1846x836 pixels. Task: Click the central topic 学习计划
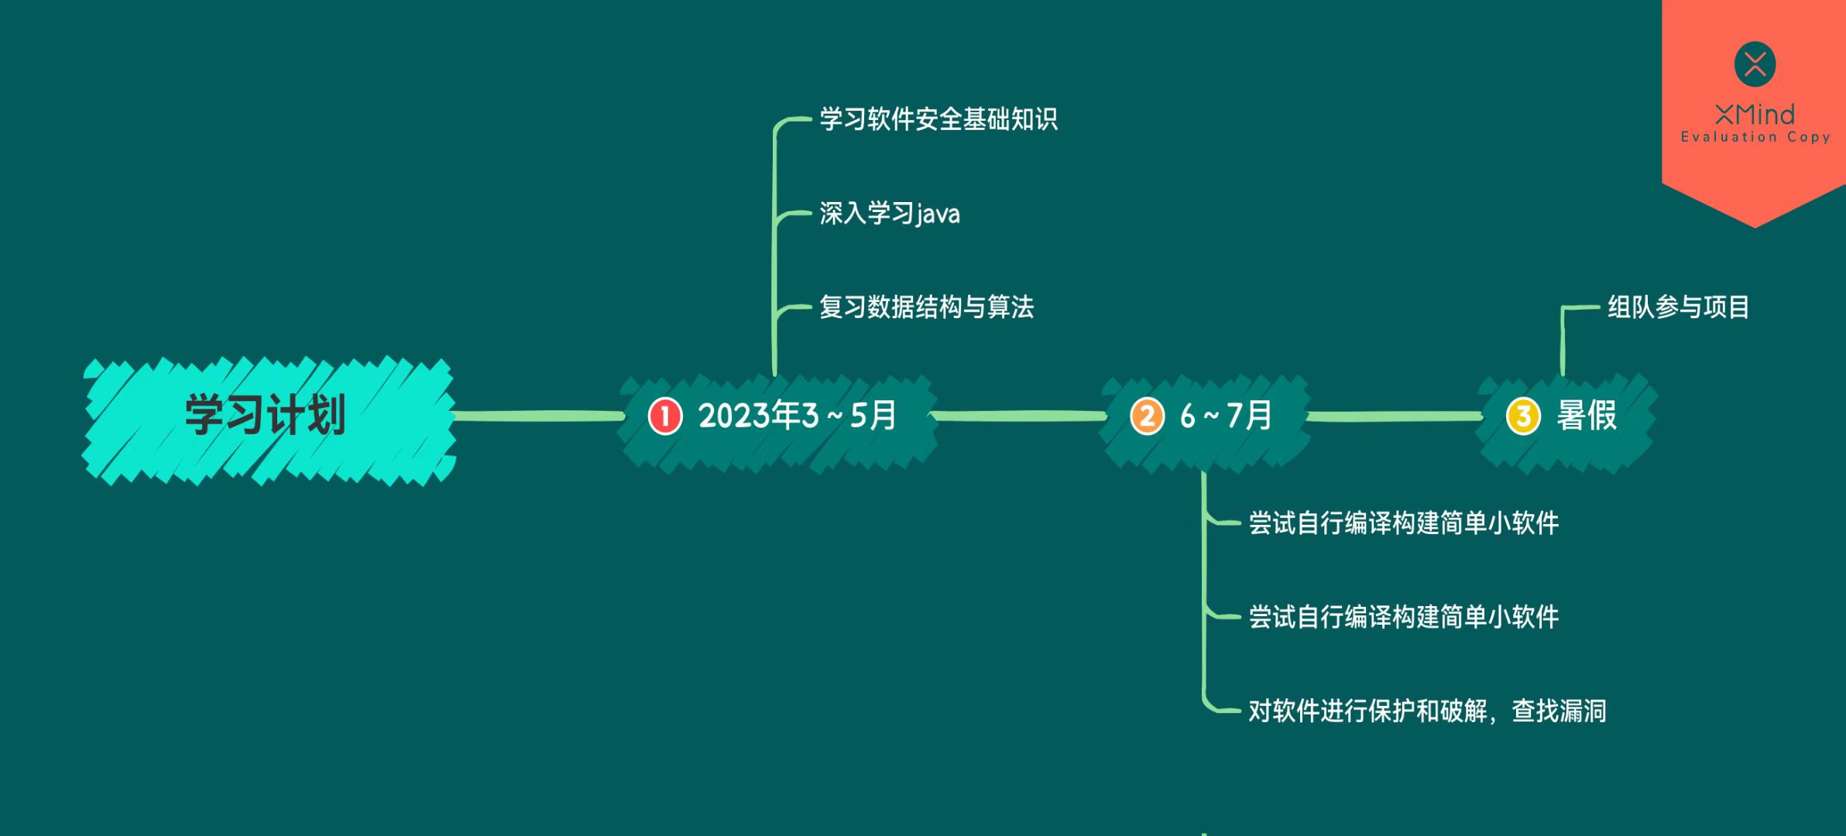point(266,416)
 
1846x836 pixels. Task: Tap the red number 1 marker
point(664,416)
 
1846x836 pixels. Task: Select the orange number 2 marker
point(1147,416)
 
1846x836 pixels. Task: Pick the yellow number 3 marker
point(1522,416)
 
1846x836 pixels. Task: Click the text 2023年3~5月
point(798,416)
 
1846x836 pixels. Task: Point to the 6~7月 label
point(1226,416)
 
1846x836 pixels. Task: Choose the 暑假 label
point(1587,416)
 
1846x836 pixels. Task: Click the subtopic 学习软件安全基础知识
point(938,119)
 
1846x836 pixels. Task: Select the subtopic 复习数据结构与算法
point(926,307)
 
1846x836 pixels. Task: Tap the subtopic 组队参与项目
point(1678,307)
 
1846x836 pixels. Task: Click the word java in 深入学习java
point(938,214)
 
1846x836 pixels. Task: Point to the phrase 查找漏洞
point(1559,711)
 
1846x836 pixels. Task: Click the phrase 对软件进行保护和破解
point(1367,711)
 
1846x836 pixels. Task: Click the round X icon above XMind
point(1755,64)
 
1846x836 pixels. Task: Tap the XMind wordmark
point(1755,115)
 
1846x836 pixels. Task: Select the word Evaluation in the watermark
point(1728,137)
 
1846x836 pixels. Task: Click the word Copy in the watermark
point(1809,137)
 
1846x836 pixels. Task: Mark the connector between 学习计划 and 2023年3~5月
point(538,416)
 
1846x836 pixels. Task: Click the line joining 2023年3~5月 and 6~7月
point(1019,416)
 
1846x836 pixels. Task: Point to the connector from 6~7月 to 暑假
point(1394,416)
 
